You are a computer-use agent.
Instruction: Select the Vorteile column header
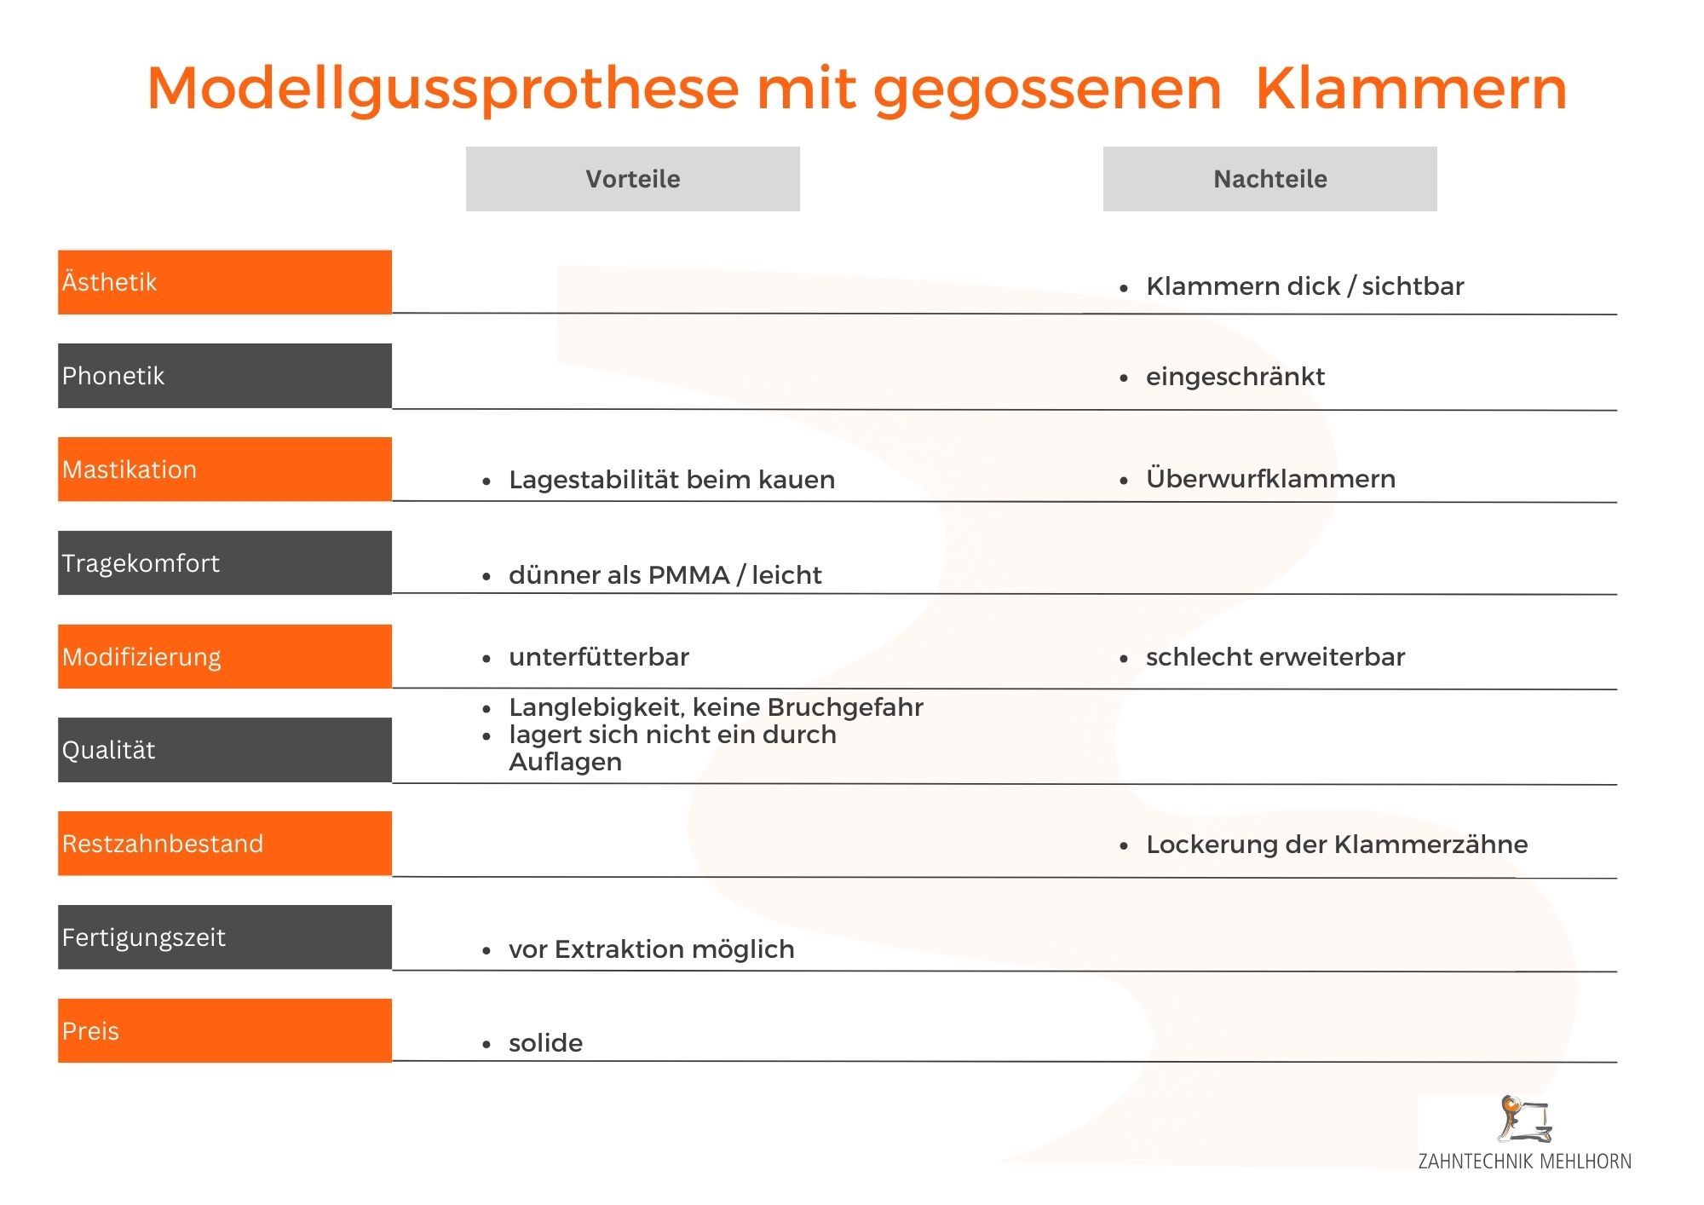point(632,179)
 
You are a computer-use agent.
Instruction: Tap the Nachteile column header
point(1269,179)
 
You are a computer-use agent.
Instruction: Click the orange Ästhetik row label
point(225,282)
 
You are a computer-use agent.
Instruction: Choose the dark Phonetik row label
point(225,376)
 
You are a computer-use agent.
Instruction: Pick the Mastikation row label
point(225,470)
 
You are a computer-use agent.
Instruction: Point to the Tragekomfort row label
point(225,562)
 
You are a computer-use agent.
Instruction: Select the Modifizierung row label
point(225,656)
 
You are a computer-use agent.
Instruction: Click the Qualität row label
point(225,750)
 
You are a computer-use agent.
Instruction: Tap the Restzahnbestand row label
point(225,844)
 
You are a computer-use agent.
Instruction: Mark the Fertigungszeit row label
point(225,937)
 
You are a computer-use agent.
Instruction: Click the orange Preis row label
point(225,1030)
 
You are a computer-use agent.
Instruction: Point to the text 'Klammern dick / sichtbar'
point(1304,286)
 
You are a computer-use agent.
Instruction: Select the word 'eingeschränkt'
point(1235,377)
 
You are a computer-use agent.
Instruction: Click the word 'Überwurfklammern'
point(1270,478)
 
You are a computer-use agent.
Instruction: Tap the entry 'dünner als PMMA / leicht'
point(665,575)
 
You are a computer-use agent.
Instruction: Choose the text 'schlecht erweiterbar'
point(1275,657)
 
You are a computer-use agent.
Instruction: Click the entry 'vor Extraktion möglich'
point(652,949)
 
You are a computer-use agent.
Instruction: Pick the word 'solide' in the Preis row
point(545,1043)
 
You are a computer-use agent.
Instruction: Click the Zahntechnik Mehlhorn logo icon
point(1524,1119)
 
